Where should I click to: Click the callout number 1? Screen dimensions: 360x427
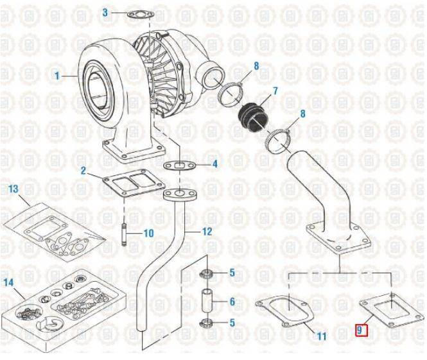click(57, 76)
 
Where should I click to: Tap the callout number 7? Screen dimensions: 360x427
click(275, 91)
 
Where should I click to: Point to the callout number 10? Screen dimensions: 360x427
click(148, 233)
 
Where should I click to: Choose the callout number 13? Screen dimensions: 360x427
click(13, 189)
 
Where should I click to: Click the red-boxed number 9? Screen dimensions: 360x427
click(360, 330)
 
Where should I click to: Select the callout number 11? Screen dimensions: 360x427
click(322, 336)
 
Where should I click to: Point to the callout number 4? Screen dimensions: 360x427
click(215, 164)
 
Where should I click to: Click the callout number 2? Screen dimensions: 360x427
click(83, 170)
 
